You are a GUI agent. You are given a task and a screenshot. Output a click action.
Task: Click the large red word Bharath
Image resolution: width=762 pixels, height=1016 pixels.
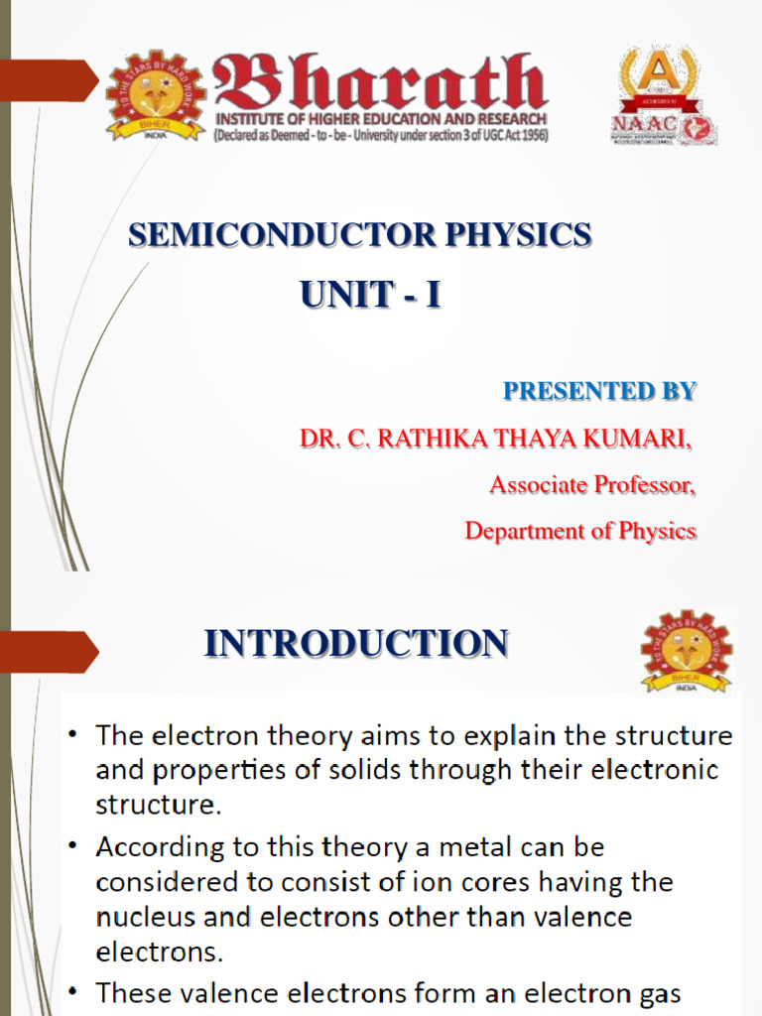click(380, 83)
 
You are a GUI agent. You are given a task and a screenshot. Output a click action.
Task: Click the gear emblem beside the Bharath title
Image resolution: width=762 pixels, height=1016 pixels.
click(156, 96)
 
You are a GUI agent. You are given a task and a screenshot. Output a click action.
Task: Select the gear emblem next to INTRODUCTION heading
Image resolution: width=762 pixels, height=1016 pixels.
click(687, 651)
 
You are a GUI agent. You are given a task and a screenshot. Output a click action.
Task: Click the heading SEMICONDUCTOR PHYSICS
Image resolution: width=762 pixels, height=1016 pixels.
click(360, 235)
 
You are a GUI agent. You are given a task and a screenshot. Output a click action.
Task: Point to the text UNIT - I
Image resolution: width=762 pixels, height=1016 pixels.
click(370, 295)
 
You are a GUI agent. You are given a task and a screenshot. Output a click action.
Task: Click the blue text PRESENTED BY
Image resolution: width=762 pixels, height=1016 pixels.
click(599, 391)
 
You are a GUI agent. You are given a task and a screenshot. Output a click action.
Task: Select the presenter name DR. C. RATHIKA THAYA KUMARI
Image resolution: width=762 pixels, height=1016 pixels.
click(496, 439)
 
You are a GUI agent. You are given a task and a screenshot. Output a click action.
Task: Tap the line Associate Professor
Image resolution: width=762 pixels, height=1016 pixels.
click(592, 485)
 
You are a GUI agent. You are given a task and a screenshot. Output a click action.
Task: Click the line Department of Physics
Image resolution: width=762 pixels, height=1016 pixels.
click(580, 531)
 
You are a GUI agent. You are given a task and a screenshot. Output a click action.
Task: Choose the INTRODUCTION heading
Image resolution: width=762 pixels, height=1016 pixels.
click(356, 644)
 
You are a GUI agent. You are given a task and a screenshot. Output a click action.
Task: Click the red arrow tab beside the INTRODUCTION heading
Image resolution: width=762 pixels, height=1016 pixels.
click(50, 652)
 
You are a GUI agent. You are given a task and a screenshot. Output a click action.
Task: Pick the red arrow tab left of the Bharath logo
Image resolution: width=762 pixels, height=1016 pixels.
click(50, 80)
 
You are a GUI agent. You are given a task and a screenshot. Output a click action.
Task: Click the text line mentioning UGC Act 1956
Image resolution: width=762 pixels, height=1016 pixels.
click(380, 134)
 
